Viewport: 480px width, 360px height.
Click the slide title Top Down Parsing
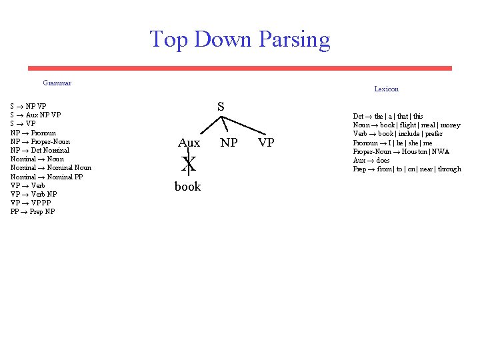(239, 39)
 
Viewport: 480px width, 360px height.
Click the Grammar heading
(57, 83)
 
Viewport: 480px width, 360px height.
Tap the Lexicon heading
(386, 89)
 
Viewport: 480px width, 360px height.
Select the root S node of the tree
(221, 107)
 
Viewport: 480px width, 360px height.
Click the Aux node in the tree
(189, 143)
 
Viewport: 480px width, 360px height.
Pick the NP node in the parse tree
(229, 143)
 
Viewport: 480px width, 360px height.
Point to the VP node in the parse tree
(266, 143)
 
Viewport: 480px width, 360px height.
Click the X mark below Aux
(189, 163)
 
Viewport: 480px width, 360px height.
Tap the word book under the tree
(187, 187)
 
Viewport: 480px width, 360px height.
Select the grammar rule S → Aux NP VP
(36, 115)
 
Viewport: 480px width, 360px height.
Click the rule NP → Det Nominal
(40, 150)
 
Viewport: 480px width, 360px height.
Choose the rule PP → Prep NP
(33, 211)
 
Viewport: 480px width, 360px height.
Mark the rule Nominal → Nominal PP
(47, 177)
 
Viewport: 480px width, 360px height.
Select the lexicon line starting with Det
(387, 116)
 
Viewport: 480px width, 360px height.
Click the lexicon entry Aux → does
(371, 160)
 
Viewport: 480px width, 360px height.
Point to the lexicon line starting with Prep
(407, 169)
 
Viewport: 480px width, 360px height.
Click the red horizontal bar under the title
(239, 68)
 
